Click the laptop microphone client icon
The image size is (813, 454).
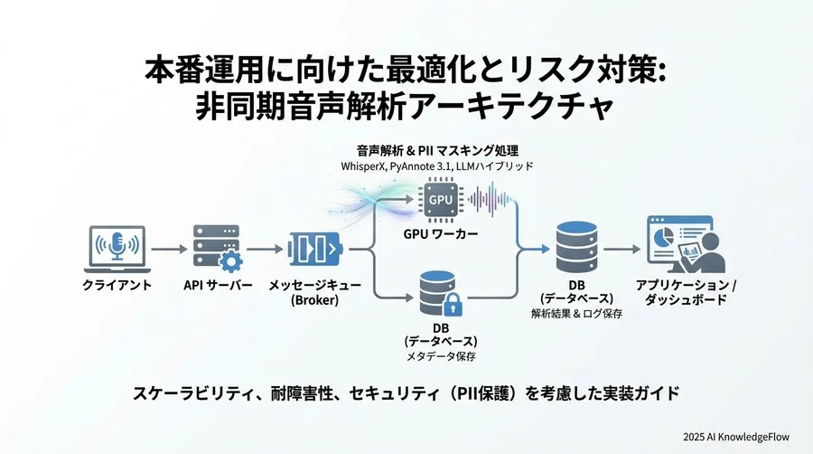pos(115,247)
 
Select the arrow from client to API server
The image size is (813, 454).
pos(168,248)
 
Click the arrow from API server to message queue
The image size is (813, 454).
pos(264,248)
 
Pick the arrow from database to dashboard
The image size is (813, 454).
pos(623,248)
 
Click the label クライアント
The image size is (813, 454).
pos(117,285)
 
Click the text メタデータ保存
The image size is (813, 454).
pos(440,357)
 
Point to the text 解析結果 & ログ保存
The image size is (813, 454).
pos(577,313)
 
